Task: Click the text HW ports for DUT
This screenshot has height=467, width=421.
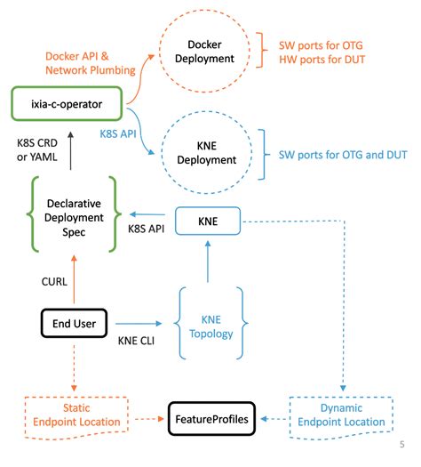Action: click(327, 59)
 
